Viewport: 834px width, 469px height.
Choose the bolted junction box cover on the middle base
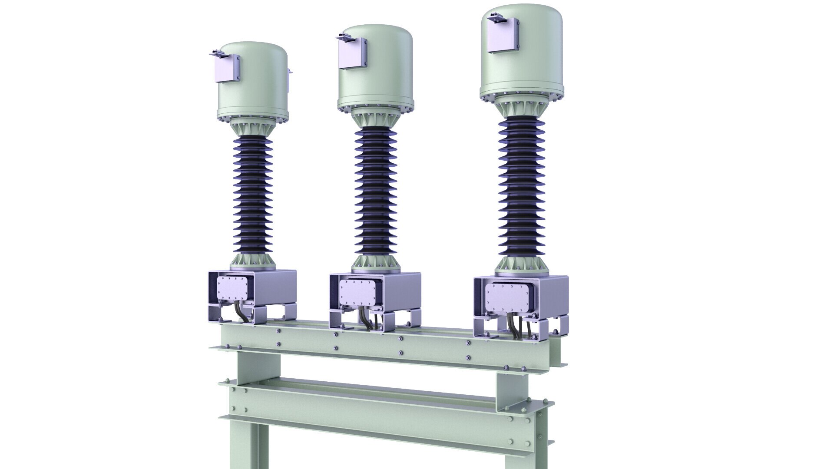click(357, 292)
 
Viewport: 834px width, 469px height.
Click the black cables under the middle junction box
click(365, 321)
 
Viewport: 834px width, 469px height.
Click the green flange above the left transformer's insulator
click(252, 128)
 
